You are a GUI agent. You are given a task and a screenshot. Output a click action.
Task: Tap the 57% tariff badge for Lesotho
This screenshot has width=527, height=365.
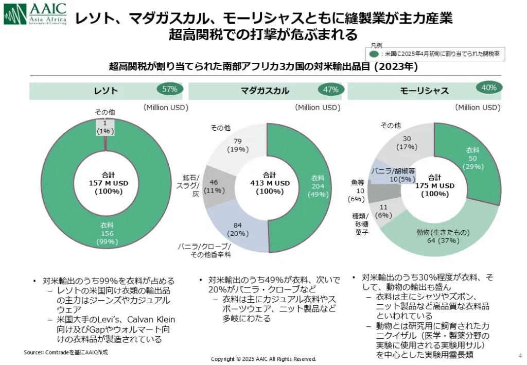(170, 89)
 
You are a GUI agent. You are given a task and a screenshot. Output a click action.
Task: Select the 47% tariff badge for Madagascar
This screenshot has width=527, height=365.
(330, 90)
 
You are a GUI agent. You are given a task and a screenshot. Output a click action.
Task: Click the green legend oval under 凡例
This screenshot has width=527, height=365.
(374, 53)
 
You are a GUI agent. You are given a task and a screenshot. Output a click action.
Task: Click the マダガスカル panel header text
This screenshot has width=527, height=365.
(265, 91)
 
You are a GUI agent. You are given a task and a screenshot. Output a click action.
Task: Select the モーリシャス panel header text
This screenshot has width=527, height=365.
(424, 91)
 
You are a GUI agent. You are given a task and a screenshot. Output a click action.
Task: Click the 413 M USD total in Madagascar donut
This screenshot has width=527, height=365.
(270, 183)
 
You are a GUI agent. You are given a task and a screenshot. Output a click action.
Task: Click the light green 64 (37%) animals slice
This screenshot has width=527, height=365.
(443, 235)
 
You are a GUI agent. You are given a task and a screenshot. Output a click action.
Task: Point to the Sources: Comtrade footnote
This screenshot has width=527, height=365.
(65, 353)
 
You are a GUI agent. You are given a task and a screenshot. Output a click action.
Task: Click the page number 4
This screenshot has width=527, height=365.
(519, 355)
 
